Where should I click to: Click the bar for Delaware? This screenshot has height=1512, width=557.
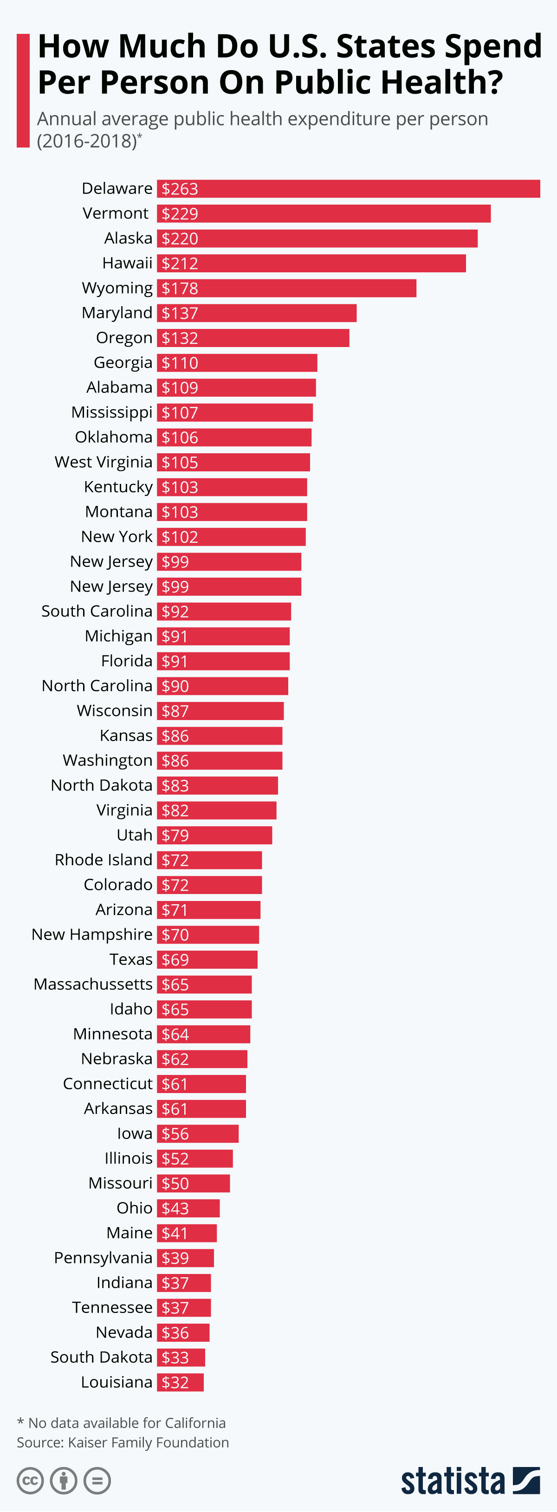(348, 189)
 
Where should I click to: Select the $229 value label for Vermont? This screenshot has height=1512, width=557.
(180, 214)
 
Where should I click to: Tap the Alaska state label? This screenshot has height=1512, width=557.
(128, 238)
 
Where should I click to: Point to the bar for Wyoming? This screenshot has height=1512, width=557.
(286, 288)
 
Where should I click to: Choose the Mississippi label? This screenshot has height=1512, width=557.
(111, 412)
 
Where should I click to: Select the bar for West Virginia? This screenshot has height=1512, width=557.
(233, 463)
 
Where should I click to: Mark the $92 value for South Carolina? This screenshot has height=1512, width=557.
(175, 611)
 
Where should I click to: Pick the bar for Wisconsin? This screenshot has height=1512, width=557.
(220, 711)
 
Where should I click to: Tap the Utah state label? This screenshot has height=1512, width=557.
(135, 835)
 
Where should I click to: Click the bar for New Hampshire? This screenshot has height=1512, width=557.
(208, 934)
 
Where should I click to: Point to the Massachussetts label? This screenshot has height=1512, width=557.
(93, 984)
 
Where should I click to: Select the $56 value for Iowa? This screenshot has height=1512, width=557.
(175, 1134)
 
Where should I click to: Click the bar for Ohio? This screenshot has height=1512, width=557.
(188, 1208)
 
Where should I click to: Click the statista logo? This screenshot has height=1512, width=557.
(470, 1480)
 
